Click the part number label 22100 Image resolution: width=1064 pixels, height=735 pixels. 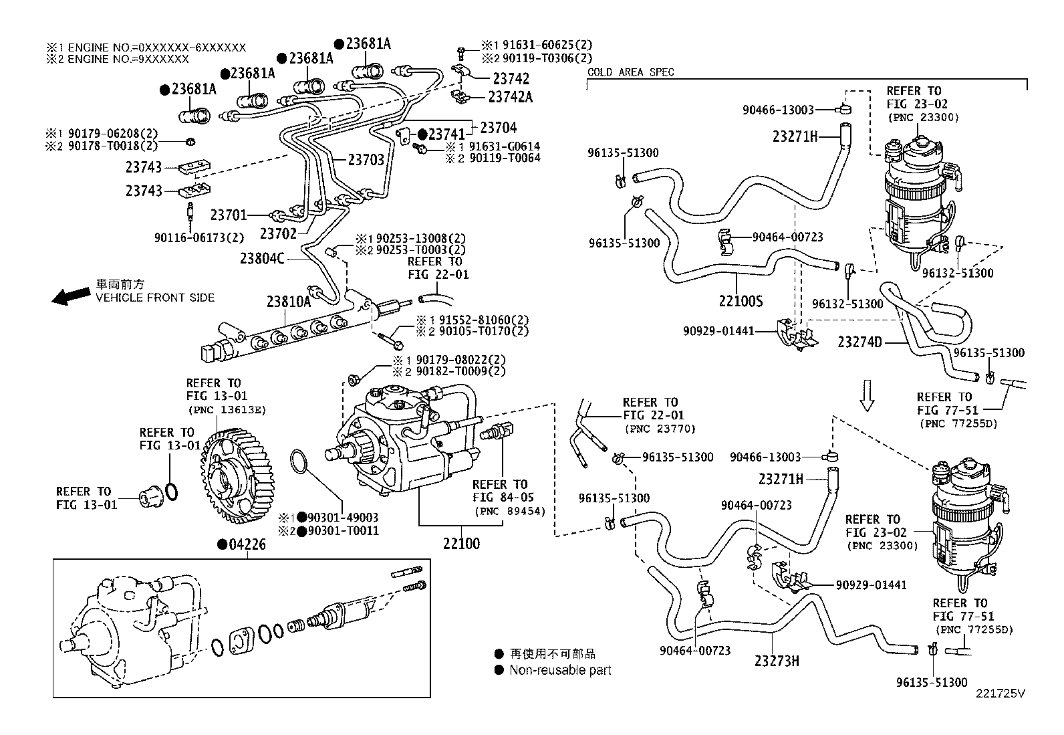pos(460,544)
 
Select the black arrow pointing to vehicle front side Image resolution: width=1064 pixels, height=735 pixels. pos(71,295)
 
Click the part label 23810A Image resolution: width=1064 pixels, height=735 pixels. pos(288,302)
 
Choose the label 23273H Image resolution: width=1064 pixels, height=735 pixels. pos(777,661)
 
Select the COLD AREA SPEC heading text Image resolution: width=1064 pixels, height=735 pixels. pos(630,72)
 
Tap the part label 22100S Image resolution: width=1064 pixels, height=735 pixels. pos(740,302)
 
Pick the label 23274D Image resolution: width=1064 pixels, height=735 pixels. pos(859,342)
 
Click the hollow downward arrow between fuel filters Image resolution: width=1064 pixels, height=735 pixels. pos(867,395)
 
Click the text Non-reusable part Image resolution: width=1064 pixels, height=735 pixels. pos(560,670)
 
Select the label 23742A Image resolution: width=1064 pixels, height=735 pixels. pos(510,97)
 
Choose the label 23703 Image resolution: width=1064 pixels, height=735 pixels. pos(366,160)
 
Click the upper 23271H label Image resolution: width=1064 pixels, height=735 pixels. pos(795,136)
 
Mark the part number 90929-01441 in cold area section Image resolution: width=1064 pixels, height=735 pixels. pos(718,330)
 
